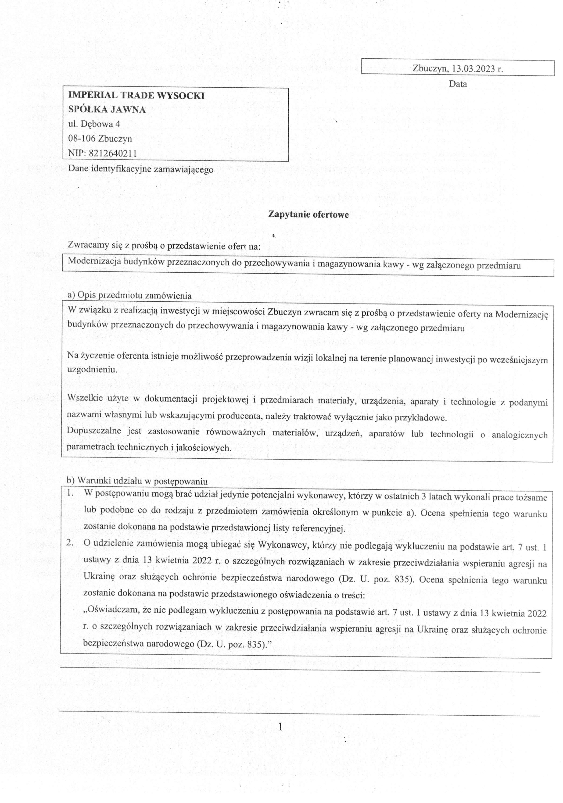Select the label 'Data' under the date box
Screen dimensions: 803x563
click(x=458, y=84)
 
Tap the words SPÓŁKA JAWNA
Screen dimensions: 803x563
click(x=107, y=110)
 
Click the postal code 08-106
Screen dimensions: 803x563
click(x=82, y=139)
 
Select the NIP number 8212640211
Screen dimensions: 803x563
click(x=113, y=153)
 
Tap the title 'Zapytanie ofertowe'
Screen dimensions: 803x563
click(x=308, y=214)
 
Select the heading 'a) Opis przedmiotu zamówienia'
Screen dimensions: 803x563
click(x=129, y=296)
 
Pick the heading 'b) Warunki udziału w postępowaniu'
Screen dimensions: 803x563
click(x=137, y=481)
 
